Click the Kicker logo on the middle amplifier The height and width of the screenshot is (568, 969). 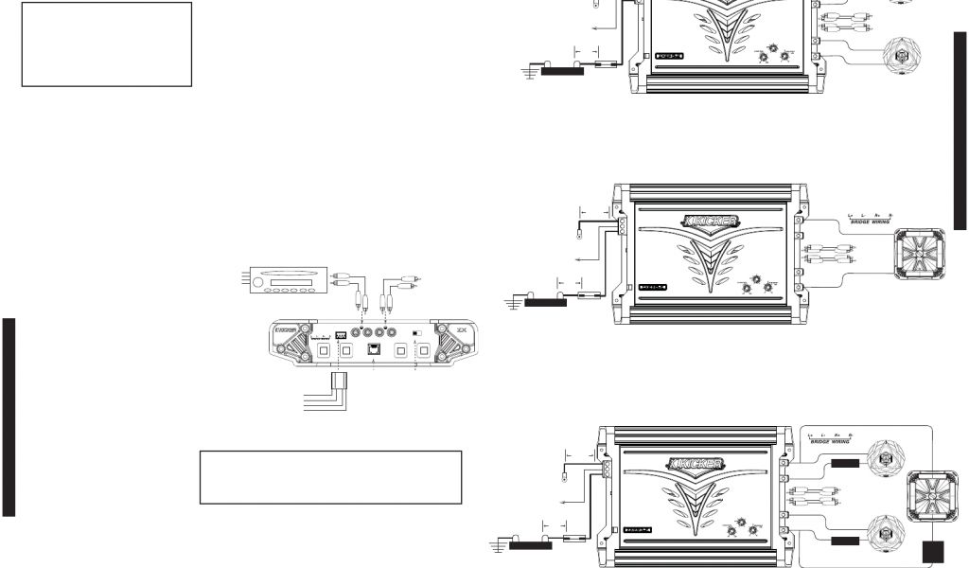click(710, 222)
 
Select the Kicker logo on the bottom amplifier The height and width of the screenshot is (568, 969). click(697, 464)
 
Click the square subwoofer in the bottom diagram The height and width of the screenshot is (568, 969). click(932, 497)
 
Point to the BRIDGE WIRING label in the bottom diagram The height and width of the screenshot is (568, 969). click(827, 442)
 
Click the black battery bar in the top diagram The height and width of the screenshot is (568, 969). click(555, 70)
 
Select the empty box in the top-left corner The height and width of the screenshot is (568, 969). click(107, 44)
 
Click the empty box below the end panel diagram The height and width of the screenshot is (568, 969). click(330, 477)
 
